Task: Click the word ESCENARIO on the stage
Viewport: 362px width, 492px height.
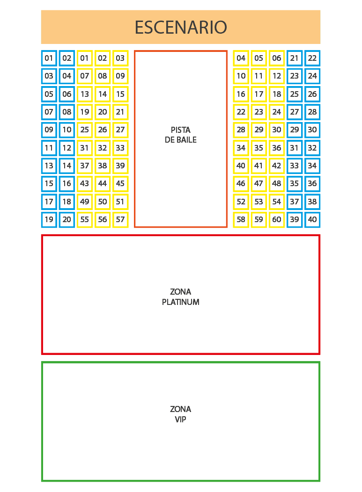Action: (x=181, y=27)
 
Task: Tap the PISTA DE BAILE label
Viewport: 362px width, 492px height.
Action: (x=181, y=135)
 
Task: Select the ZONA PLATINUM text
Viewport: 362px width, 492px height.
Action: (x=181, y=297)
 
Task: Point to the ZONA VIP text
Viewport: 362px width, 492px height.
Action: (x=181, y=414)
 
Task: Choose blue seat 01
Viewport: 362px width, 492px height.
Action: (x=49, y=58)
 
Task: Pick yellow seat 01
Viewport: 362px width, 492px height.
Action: (x=85, y=58)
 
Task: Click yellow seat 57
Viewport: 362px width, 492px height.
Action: (x=120, y=219)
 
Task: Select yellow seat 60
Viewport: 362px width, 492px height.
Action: (x=277, y=219)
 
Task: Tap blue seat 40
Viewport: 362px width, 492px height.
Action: (x=312, y=219)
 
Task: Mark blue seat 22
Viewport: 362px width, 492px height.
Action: (x=312, y=58)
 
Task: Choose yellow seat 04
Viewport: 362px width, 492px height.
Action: (x=241, y=58)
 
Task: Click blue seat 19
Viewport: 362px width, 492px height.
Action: (x=49, y=219)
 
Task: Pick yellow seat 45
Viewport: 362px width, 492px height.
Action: (x=120, y=183)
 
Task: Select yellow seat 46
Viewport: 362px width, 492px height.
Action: (x=241, y=183)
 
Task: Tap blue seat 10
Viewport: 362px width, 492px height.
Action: (x=67, y=130)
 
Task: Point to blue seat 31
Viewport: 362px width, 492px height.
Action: (x=294, y=148)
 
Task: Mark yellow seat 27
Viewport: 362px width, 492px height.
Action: (x=120, y=130)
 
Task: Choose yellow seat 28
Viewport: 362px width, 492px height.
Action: (x=241, y=130)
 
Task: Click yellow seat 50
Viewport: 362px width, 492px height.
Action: (x=103, y=202)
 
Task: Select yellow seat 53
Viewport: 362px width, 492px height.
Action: (x=259, y=202)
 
